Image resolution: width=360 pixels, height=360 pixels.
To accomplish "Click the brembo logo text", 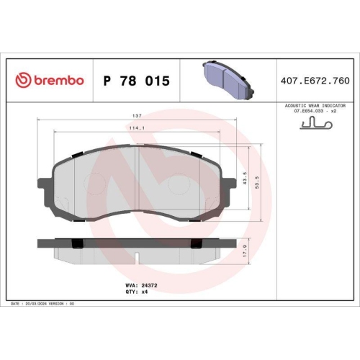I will pyautogui.click(x=58, y=81).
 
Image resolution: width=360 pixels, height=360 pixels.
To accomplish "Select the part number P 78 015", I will pyautogui.click(x=137, y=81).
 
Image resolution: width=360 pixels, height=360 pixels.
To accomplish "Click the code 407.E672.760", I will pyautogui.click(x=316, y=81).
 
